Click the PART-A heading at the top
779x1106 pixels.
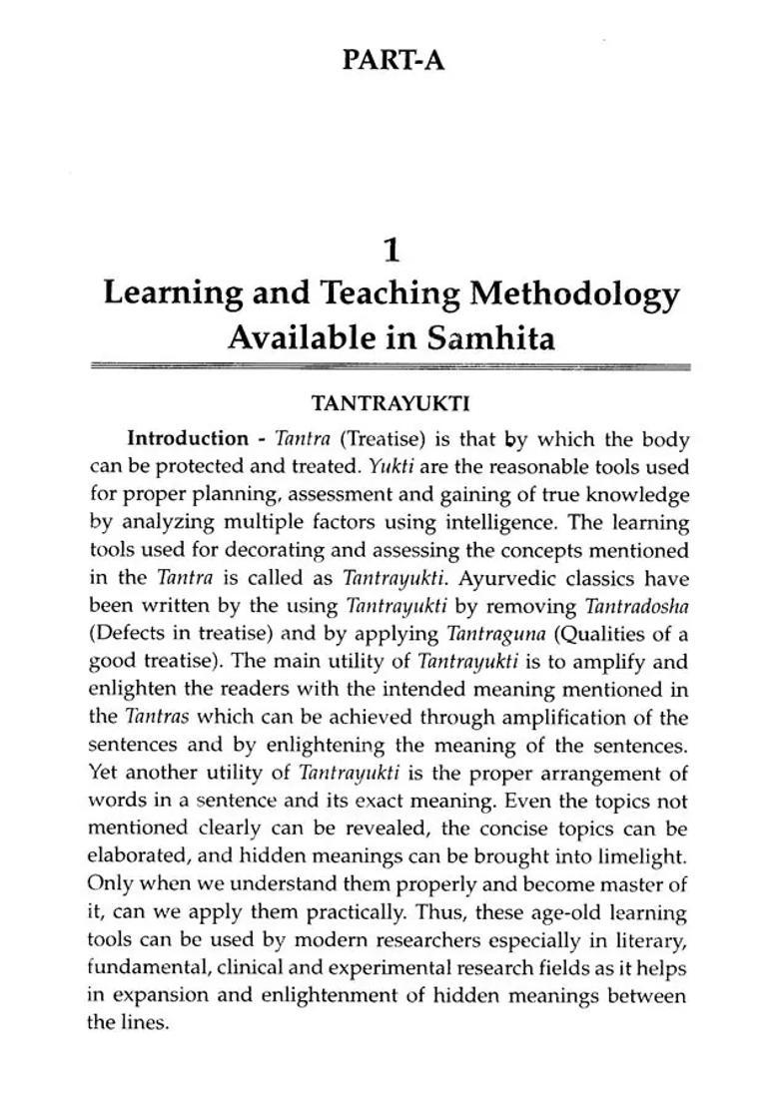(392, 60)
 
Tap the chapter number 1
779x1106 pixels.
(391, 248)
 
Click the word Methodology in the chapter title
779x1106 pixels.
(575, 294)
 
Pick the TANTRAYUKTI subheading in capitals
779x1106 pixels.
(390, 404)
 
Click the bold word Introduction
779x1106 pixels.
(188, 438)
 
